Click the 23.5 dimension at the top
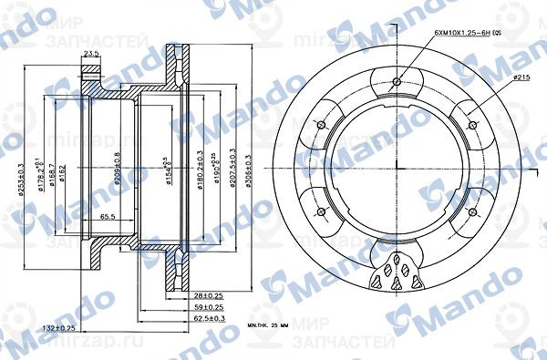(91, 55)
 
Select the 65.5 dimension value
(108, 217)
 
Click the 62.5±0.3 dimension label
(209, 320)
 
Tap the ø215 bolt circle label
(522, 79)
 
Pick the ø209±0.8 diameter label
(118, 164)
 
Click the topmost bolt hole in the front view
(397, 83)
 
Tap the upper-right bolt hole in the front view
(472, 126)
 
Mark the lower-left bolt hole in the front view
(321, 212)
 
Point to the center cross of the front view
(397, 170)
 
